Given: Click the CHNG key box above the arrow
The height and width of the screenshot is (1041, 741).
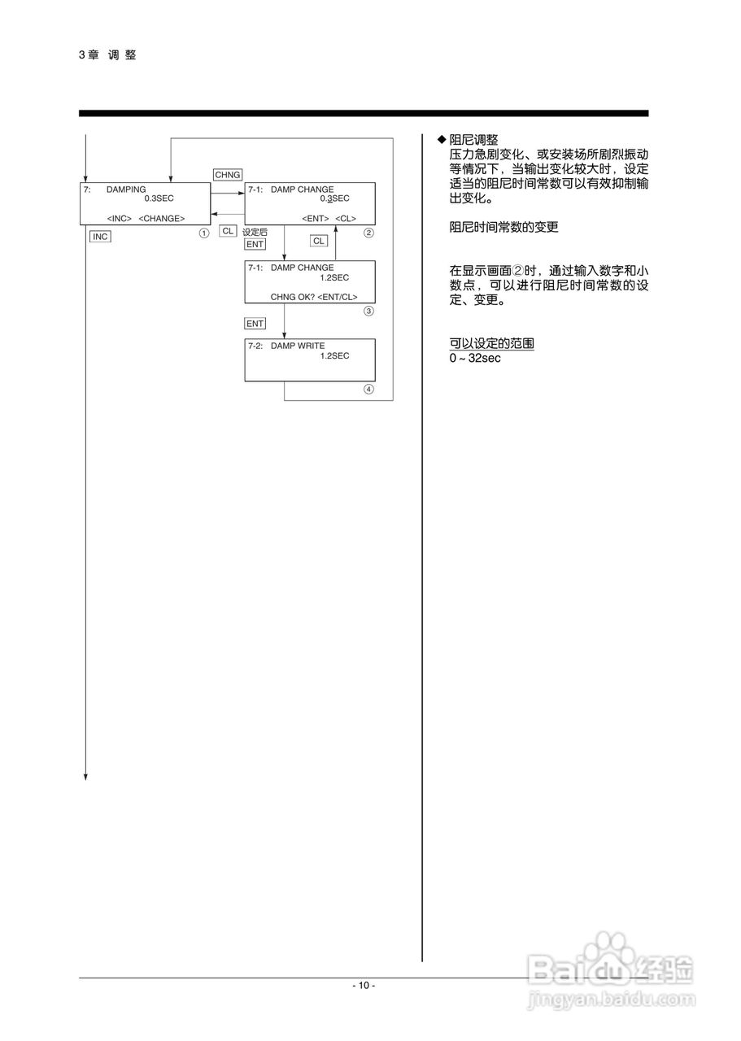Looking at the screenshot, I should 227,174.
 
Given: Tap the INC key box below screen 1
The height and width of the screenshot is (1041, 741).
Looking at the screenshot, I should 99,237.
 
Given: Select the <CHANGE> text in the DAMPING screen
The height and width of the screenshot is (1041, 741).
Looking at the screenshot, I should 162,218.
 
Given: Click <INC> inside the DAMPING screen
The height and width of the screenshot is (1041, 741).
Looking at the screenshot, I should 120,218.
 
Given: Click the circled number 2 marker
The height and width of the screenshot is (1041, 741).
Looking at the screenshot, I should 368,233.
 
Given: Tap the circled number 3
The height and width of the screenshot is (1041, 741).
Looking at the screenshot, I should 368,311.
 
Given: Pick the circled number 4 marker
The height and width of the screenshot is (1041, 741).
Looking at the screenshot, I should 368,389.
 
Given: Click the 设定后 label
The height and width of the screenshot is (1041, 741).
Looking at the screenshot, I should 255,232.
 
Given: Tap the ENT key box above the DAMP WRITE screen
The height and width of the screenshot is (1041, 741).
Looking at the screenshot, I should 255,324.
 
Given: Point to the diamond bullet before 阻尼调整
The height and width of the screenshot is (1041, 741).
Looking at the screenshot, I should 442,140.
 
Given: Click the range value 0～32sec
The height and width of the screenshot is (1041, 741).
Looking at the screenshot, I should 475,358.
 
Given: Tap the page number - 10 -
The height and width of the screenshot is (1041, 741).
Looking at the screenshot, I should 364,986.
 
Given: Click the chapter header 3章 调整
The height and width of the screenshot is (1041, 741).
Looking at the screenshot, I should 107,54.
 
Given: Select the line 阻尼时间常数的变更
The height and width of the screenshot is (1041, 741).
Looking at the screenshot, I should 504,228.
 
